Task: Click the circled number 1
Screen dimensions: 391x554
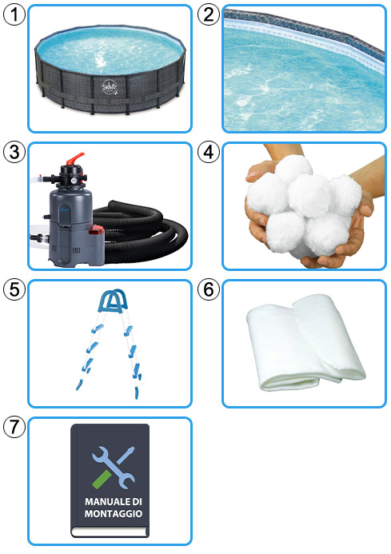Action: (14, 14)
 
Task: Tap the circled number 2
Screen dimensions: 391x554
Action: (208, 14)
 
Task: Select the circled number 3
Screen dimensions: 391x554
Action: (14, 152)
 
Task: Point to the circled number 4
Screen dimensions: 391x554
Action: (208, 152)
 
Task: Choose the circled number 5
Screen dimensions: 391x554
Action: (14, 289)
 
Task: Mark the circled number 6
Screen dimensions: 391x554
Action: (208, 289)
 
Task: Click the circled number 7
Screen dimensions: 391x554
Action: (14, 426)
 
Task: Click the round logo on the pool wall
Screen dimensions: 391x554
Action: (110, 86)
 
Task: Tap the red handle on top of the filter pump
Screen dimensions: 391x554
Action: (75, 158)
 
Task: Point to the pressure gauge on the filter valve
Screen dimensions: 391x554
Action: (74, 180)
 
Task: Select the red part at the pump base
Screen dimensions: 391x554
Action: (96, 231)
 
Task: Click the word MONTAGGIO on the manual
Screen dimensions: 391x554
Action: (113, 513)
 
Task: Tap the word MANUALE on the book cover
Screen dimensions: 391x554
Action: (102, 501)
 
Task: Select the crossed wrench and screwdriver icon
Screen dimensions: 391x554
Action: (113, 467)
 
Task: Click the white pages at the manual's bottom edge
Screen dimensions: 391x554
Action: (110, 532)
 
